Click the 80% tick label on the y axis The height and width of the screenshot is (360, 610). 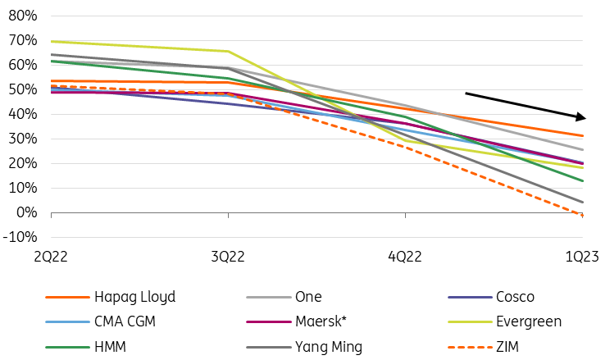(20, 16)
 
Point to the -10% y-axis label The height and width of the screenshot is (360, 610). (18, 237)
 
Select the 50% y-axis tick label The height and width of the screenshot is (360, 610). (20, 89)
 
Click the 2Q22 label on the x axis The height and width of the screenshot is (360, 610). (51, 257)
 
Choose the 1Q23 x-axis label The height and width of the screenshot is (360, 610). (584, 257)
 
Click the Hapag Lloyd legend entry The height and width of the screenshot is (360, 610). (134, 298)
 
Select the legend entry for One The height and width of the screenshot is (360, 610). (308, 298)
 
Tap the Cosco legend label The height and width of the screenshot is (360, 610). (515, 298)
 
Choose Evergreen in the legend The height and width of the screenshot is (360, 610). (529, 321)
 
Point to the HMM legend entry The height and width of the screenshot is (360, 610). (113, 345)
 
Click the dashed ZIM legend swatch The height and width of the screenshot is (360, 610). (471, 345)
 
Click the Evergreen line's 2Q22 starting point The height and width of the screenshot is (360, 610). (52, 41)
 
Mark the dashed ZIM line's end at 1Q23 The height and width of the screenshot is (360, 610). (583, 216)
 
